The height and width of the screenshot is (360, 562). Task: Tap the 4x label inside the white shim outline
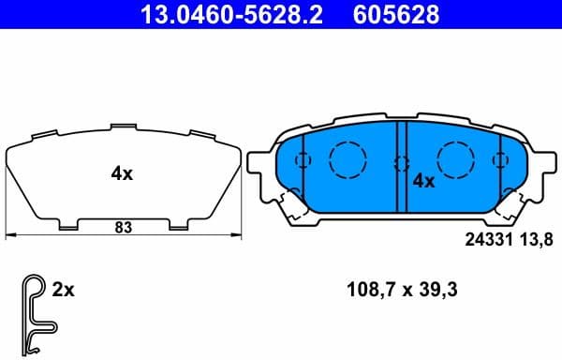[122, 172]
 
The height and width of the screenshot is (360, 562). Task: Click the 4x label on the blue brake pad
[424, 181]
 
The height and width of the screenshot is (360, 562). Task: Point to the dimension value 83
[123, 226]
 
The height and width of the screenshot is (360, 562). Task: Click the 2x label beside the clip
[64, 291]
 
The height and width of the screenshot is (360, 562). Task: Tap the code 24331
[485, 239]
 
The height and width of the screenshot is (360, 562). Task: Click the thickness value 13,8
[532, 239]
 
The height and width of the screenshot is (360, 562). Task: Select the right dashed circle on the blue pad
[457, 157]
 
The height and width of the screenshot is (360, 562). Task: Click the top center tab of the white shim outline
[125, 127]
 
